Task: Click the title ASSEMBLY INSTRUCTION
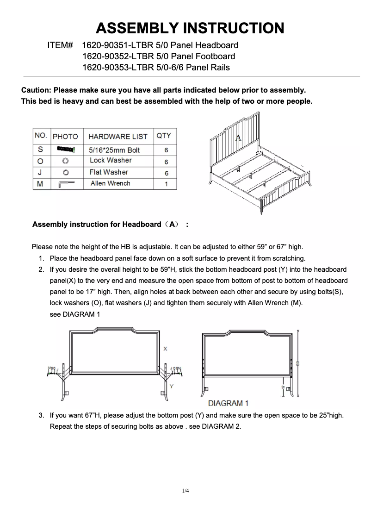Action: [190, 28]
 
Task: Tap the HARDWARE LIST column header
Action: [117, 137]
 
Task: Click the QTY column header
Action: [164, 136]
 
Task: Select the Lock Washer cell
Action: [111, 160]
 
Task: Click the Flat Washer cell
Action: [109, 172]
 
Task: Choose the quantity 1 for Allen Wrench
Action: [166, 184]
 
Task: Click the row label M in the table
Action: [40, 184]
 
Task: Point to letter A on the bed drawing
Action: [238, 137]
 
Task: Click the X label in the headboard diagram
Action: [166, 348]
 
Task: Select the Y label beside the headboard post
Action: [172, 386]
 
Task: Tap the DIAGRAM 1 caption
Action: [229, 403]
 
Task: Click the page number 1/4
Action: [185, 491]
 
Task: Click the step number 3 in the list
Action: [41, 415]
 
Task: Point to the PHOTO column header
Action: [65, 137]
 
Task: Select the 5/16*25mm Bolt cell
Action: [114, 150]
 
